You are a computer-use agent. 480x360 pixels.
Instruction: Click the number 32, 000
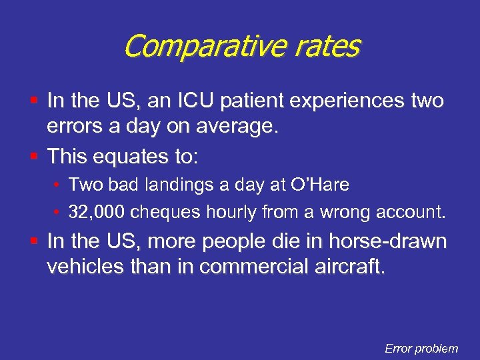pos(97,212)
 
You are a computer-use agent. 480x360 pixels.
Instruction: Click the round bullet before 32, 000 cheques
pos(58,212)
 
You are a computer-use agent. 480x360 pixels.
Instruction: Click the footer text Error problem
pos(421,348)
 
